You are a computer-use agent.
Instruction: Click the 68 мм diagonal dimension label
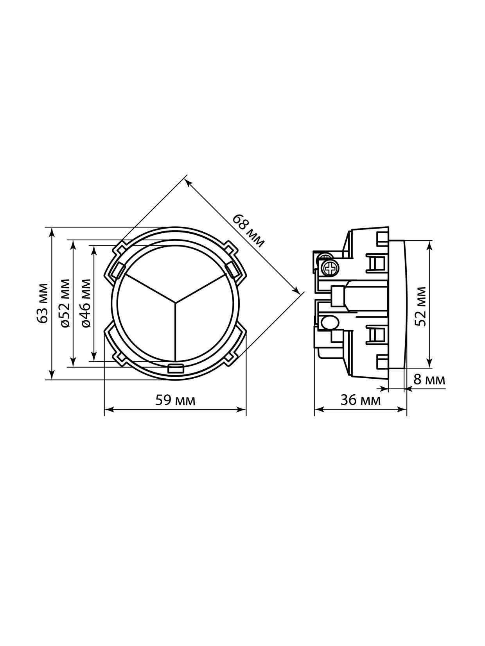(x=248, y=231)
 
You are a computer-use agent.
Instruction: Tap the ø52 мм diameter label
(x=65, y=303)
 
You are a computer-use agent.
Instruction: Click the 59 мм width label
(x=175, y=401)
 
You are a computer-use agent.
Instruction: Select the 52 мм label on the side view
(x=420, y=306)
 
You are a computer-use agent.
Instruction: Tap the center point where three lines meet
(x=175, y=302)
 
